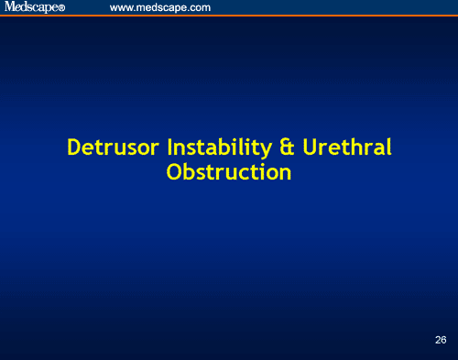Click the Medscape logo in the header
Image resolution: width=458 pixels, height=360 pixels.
30,7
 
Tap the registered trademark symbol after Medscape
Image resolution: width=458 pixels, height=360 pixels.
61,9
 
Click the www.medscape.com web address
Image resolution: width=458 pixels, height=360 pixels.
160,7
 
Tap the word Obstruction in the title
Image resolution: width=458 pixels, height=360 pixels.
229,171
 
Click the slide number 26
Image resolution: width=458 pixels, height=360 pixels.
441,340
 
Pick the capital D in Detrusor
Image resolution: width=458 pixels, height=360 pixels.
74,147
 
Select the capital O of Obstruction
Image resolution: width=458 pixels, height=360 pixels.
174,171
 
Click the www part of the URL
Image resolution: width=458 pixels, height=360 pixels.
120,8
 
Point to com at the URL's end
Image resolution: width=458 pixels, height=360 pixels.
201,8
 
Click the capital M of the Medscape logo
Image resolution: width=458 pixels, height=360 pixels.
9,7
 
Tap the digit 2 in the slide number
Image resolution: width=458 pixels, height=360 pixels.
438,340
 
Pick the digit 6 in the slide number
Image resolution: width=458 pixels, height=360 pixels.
444,340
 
